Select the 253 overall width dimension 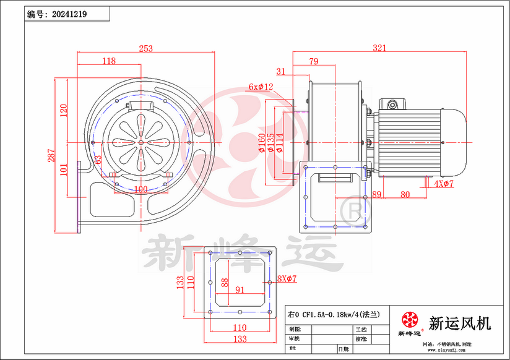145,48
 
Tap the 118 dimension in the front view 109,61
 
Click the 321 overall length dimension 379,48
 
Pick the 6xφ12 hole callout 261,87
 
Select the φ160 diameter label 261,142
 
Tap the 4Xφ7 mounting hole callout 444,184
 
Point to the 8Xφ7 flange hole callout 287,279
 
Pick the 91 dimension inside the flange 240,289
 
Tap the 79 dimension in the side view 313,61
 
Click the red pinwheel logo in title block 408,320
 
